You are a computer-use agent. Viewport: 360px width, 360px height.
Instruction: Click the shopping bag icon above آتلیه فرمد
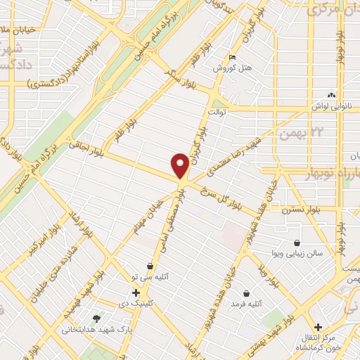click(x=246, y=292)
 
